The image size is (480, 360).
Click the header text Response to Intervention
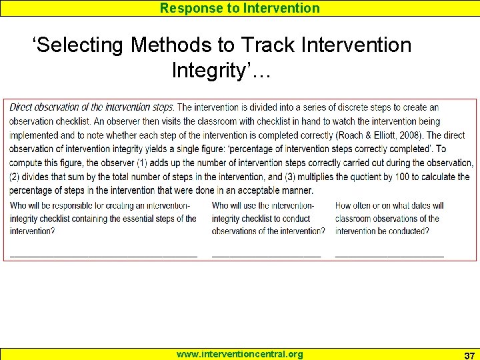coord(240,8)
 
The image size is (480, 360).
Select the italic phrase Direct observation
coord(47,107)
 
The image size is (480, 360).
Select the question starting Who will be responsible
coord(103,218)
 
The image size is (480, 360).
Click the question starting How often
coord(389,218)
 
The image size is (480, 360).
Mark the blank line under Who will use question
coord(266,255)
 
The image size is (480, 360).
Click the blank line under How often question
coord(389,255)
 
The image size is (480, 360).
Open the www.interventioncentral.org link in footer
coord(239,354)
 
